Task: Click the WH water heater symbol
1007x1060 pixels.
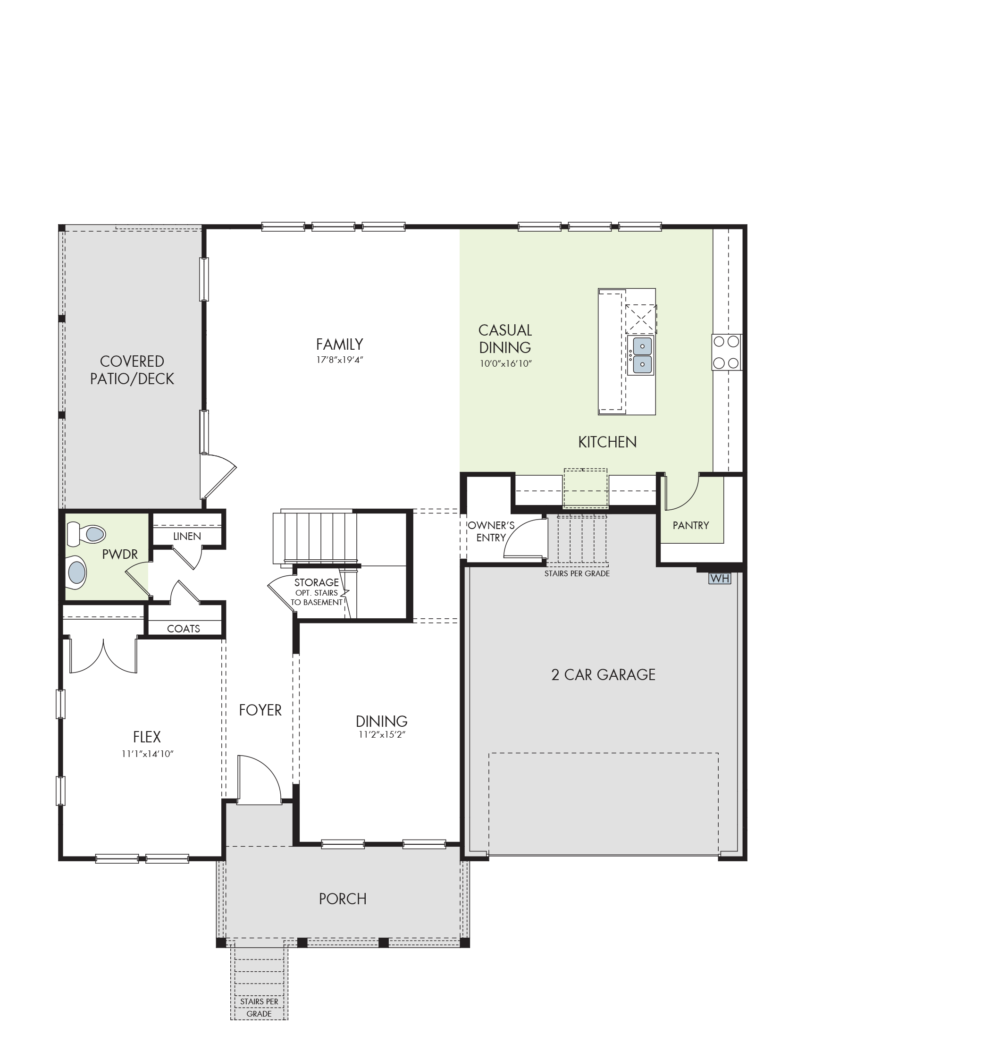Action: [719, 578]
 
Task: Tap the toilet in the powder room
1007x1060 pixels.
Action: [86, 533]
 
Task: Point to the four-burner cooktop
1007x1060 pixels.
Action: [726, 352]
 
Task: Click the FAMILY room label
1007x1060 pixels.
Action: [339, 344]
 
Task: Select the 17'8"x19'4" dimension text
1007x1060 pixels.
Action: [340, 360]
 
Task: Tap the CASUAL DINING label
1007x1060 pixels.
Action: [505, 338]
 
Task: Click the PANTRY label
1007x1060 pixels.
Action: [691, 525]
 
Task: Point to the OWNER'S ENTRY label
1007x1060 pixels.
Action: [491, 531]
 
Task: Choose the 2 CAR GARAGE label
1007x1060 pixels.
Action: [604, 674]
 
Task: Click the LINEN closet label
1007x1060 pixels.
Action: [187, 536]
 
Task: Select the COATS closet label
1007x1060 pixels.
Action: [184, 628]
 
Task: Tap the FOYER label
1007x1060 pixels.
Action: [260, 710]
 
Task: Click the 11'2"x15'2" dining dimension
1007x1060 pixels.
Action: [382, 734]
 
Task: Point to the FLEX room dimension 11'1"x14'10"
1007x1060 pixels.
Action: [147, 754]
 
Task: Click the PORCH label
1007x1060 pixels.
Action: [343, 899]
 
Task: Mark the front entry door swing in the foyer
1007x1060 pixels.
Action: [259, 780]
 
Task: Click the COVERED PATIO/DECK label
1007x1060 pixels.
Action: [132, 370]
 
